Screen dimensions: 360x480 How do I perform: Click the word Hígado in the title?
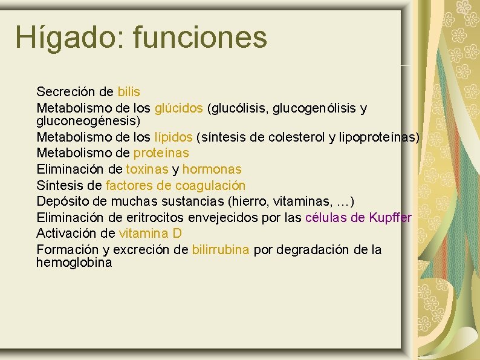66,38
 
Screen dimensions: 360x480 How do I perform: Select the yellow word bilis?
129,92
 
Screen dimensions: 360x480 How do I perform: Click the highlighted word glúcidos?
179,108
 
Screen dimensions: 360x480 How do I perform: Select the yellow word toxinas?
148,169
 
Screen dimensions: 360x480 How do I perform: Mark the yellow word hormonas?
212,169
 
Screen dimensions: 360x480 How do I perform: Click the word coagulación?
210,185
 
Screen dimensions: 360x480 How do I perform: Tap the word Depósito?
60,201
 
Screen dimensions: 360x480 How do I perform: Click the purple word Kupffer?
390,217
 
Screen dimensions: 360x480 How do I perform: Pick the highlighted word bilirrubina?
221,250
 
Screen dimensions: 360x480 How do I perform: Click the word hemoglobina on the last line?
74,263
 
